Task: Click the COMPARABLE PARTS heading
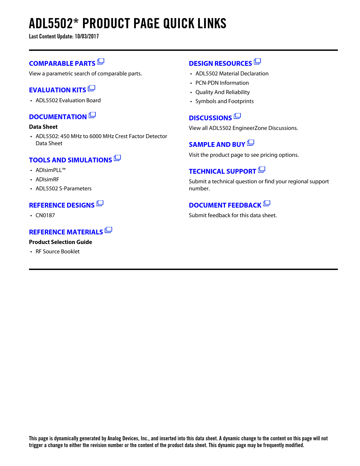click(62, 64)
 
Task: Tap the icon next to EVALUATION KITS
click(91, 88)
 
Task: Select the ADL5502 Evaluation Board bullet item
click(68, 101)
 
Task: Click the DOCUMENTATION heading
click(58, 117)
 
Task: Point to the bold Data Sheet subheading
click(43, 127)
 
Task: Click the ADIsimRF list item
click(47, 180)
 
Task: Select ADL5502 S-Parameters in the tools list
click(64, 189)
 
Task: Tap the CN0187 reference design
click(45, 215)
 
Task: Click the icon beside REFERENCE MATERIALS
click(108, 230)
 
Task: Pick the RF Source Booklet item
click(58, 252)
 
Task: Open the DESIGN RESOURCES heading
click(220, 64)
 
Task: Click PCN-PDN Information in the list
click(222, 83)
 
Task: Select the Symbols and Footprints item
click(224, 101)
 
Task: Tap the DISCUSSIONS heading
click(210, 118)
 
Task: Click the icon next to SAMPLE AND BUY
click(250, 143)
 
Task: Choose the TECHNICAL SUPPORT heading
click(222, 171)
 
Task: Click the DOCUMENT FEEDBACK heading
click(225, 205)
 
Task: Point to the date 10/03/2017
click(87, 36)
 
